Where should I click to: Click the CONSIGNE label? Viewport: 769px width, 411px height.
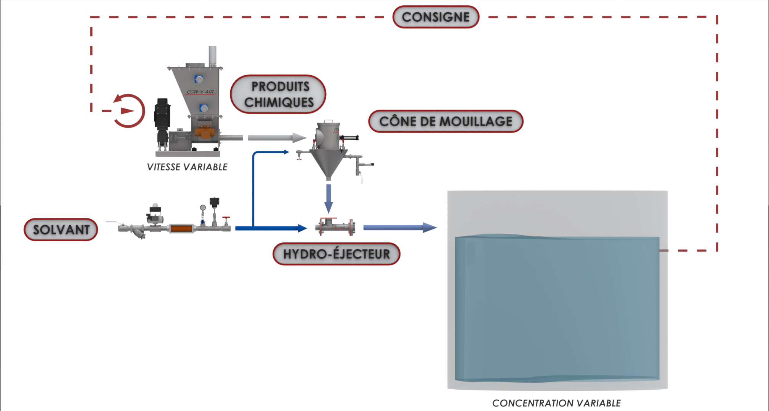[x=436, y=17]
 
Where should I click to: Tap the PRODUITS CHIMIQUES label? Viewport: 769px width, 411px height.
[x=279, y=94]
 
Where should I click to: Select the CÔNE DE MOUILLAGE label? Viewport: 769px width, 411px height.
[x=445, y=121]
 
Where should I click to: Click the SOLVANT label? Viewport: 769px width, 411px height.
[x=61, y=229]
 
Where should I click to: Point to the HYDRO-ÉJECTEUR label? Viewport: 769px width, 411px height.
[x=336, y=254]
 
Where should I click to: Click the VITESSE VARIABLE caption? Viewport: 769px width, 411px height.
[x=187, y=167]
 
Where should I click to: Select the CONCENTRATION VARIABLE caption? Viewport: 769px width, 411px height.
[x=556, y=403]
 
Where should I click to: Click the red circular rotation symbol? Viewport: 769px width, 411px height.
[x=129, y=111]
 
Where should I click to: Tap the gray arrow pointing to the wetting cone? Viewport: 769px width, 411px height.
[x=277, y=138]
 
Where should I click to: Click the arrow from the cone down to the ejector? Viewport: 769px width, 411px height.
[x=328, y=198]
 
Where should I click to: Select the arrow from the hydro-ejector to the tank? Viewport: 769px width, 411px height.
[x=399, y=228]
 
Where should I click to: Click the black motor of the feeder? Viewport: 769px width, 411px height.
[x=161, y=114]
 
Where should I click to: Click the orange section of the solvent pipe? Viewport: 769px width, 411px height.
[x=181, y=228]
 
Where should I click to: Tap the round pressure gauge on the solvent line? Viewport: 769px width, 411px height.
[x=203, y=208]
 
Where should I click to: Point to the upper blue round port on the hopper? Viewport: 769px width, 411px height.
[x=199, y=79]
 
